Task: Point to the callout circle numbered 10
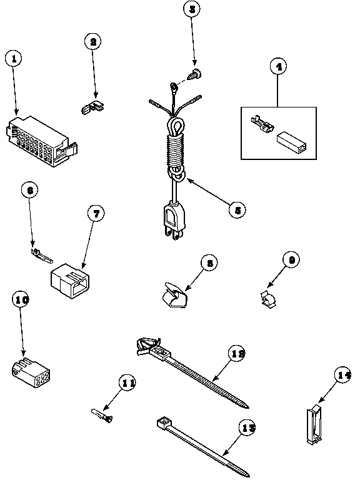click(x=21, y=301)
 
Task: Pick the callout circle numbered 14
click(x=342, y=376)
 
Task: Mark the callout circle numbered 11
click(x=127, y=384)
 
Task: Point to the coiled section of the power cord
click(x=174, y=152)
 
